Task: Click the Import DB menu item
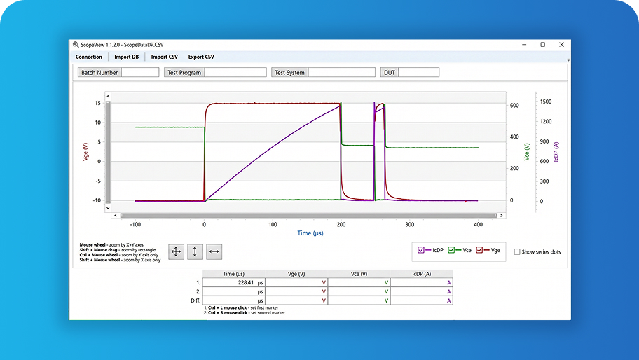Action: pos(126,57)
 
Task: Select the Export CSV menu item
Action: pos(201,57)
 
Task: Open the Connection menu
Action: pos(88,57)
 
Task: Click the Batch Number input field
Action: pos(140,72)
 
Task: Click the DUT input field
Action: pos(418,72)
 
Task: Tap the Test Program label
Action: pos(184,72)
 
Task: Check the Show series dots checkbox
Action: pos(517,251)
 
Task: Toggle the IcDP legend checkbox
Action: pos(421,250)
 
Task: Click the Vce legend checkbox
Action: pos(451,250)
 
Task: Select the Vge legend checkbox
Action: pos(479,250)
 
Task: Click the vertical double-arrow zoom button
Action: pos(195,251)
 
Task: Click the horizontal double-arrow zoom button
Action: pos(214,251)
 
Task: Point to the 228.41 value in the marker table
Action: pos(246,282)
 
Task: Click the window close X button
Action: pos(561,45)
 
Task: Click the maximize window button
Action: pos(543,45)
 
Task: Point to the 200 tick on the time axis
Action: pos(341,224)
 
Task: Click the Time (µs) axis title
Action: pos(310,233)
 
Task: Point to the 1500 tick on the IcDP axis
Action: pos(546,102)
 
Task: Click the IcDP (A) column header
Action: pos(421,274)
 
